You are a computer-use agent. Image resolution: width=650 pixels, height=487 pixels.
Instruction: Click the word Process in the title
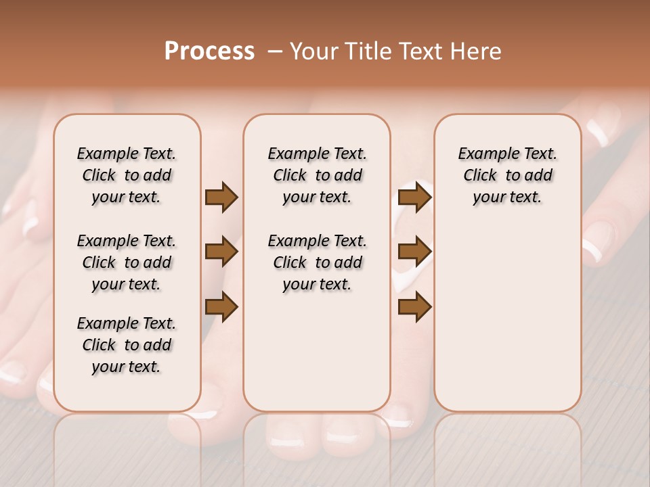(209, 51)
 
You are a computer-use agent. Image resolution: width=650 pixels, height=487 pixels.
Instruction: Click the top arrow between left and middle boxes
(221, 198)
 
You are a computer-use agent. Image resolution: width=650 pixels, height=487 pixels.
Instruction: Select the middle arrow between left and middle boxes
(221, 252)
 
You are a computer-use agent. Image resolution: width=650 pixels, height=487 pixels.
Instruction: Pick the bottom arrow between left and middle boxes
(221, 307)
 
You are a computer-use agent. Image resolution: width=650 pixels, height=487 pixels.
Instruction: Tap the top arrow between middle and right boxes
(414, 198)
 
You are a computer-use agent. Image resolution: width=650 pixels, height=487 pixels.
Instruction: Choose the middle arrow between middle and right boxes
(414, 252)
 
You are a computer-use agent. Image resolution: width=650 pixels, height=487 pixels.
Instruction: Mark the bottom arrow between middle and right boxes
(414, 307)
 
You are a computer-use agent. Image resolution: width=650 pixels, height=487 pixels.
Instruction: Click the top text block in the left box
(127, 175)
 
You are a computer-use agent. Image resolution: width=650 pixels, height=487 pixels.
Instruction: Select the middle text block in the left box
(127, 262)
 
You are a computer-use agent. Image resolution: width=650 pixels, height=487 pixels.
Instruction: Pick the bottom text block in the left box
(127, 345)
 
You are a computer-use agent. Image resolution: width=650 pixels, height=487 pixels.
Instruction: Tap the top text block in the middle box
(317, 175)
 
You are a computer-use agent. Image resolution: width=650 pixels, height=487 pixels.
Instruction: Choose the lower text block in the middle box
(317, 262)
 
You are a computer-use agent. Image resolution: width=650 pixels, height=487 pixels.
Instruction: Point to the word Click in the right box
(480, 176)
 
